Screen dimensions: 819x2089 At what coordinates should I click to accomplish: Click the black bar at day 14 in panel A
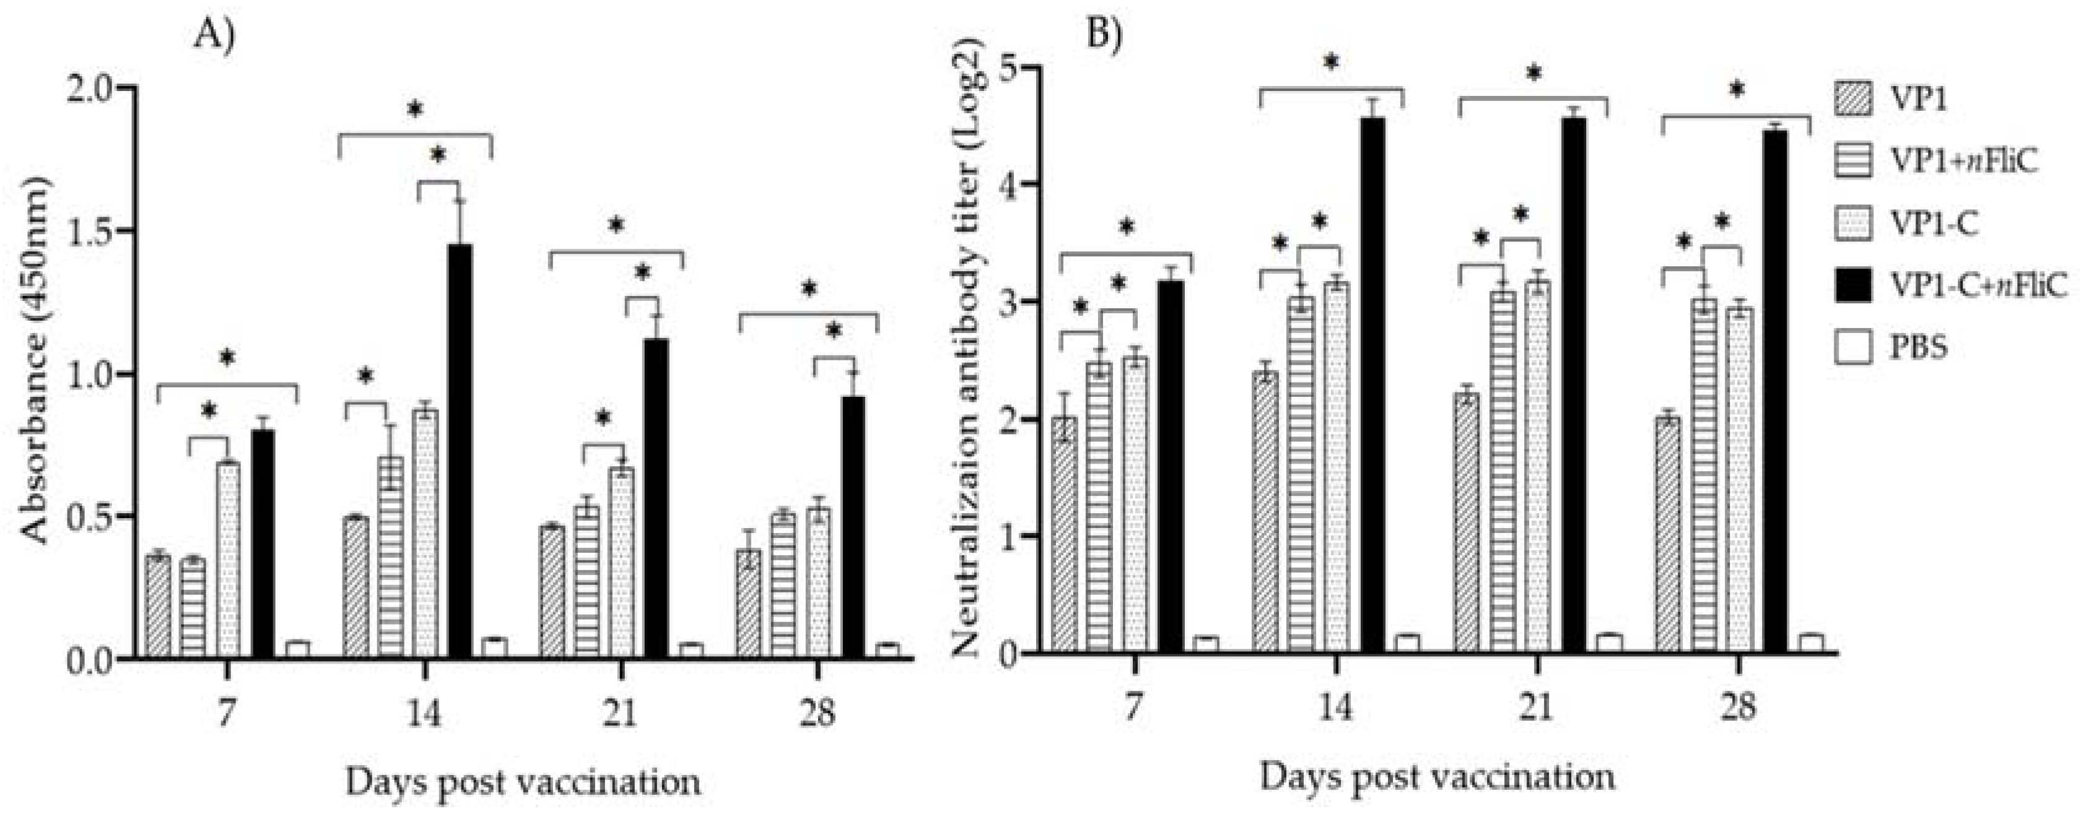[x=461, y=450]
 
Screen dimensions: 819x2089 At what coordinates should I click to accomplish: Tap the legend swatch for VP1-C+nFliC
[x=1852, y=285]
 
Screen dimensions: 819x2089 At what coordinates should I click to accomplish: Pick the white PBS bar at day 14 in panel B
[x=1407, y=643]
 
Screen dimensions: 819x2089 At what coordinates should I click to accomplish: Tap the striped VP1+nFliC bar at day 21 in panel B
[x=1502, y=471]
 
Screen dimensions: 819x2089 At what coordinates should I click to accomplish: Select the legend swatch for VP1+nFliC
[x=1852, y=162]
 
